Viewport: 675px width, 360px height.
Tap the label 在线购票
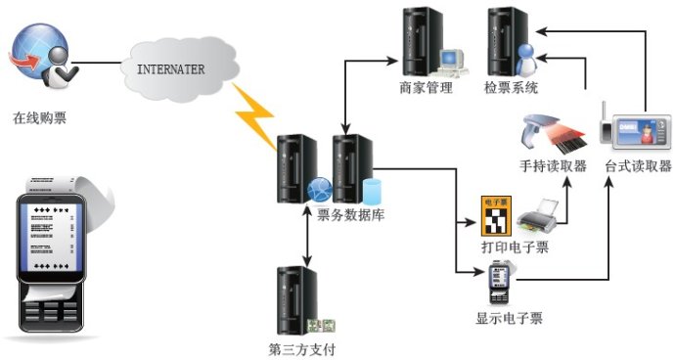pos(40,118)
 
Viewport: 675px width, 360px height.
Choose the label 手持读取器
pos(554,165)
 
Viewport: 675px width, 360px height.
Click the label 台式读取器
pos(639,165)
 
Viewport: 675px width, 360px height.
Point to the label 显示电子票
pos(509,318)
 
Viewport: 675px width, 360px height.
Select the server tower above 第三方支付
pos(297,299)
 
